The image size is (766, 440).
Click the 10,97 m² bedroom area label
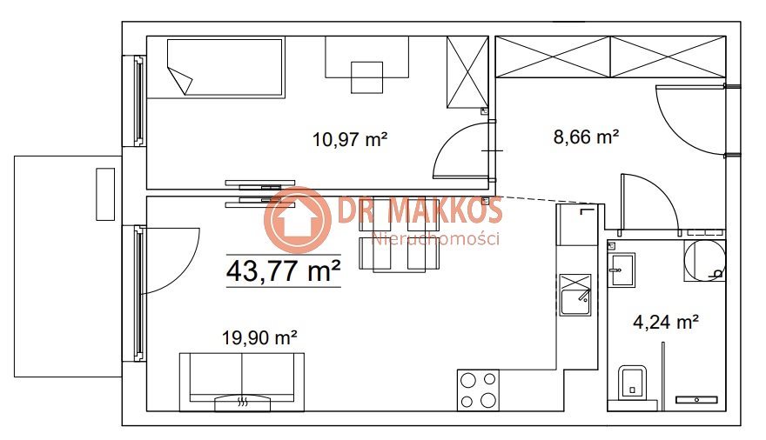pos(350,140)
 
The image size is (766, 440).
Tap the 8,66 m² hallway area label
pos(586,137)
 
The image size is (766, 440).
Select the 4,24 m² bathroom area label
pos(665,322)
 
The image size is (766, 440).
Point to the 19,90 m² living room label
pos(260,337)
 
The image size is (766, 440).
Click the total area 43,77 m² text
pos(284,270)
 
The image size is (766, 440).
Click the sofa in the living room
pos(242,382)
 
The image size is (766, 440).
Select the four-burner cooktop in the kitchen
pos(478,390)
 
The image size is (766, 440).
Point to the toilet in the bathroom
pos(632,383)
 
